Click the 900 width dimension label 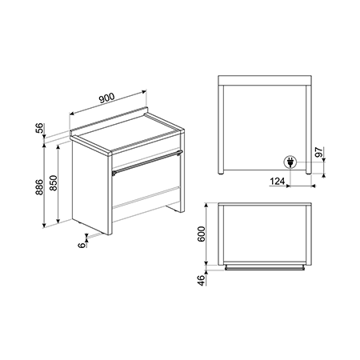coord(106,98)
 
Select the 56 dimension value coord(39,127)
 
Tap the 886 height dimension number coord(39,187)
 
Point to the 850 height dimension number coord(54,183)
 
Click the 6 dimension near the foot coord(82,245)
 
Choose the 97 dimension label coord(318,152)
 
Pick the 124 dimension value coord(277,182)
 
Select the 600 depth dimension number coord(202,234)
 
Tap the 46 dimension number coord(202,280)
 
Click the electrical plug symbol coord(290,162)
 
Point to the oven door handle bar coord(147,162)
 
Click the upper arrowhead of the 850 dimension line coord(58,147)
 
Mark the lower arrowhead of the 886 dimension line coord(44,226)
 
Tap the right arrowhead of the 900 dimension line coord(144,92)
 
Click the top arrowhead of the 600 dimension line coord(206,206)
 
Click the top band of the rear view coord(265,81)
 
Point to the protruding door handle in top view coord(265,268)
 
